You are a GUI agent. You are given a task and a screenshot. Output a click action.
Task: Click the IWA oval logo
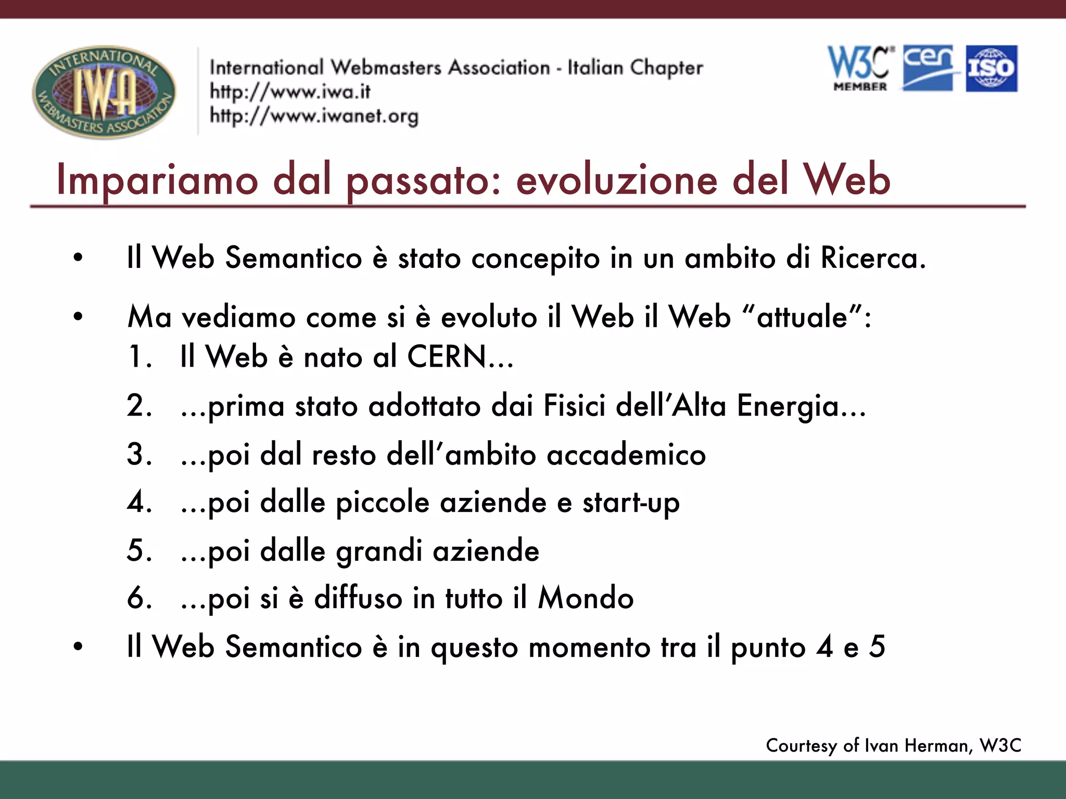tap(104, 92)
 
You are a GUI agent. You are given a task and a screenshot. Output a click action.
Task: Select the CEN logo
tap(929, 68)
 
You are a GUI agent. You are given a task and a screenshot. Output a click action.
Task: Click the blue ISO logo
tap(992, 69)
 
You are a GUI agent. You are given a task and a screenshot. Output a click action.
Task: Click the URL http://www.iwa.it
tap(290, 92)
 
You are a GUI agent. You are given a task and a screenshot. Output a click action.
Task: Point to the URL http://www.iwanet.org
tap(314, 116)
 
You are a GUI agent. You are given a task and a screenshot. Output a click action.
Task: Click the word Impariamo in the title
tap(157, 179)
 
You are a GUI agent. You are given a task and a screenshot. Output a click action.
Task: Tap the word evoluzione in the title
tap(617, 179)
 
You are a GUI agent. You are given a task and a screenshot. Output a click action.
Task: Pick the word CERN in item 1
tap(447, 357)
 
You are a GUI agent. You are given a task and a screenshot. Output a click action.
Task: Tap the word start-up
tap(631, 502)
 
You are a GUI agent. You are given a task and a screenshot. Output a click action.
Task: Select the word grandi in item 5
tap(379, 551)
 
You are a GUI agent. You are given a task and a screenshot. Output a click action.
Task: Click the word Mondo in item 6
tap(586, 598)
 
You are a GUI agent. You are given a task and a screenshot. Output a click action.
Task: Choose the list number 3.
tap(138, 454)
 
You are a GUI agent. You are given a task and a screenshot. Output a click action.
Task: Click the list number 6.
tap(138, 598)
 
